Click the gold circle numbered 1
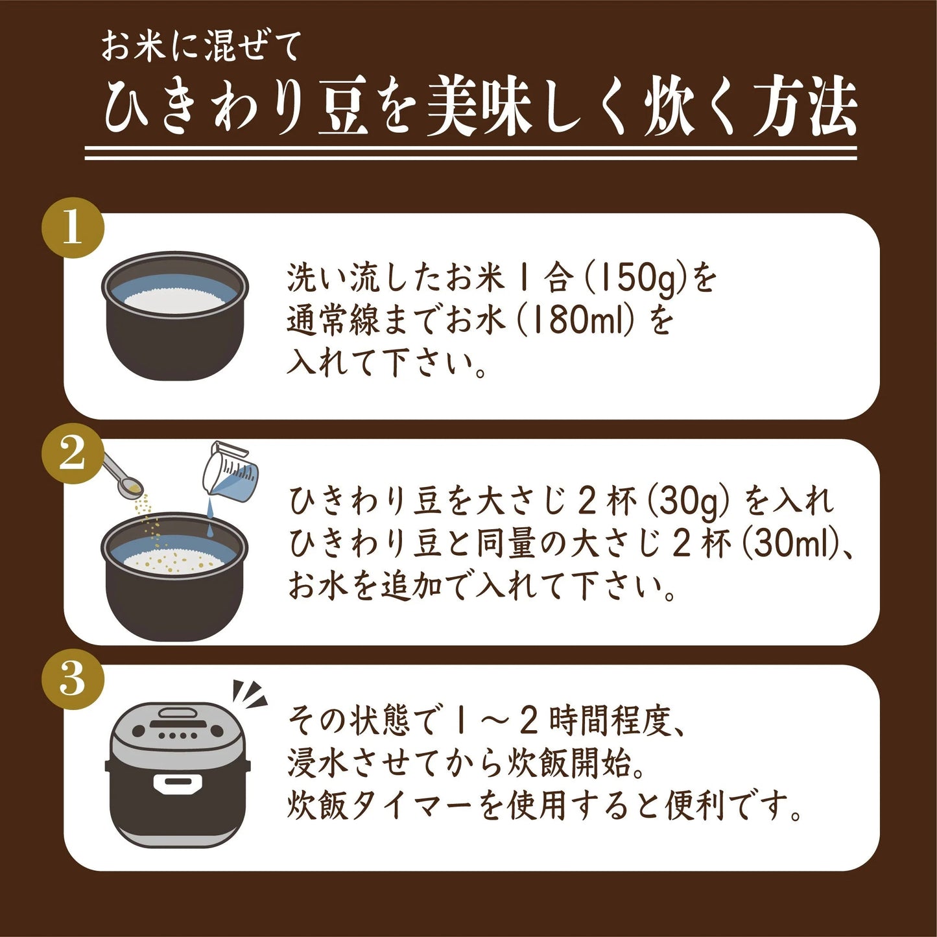point(73,228)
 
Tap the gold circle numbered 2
point(73,453)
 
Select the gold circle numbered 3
point(73,679)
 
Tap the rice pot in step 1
point(175,316)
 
